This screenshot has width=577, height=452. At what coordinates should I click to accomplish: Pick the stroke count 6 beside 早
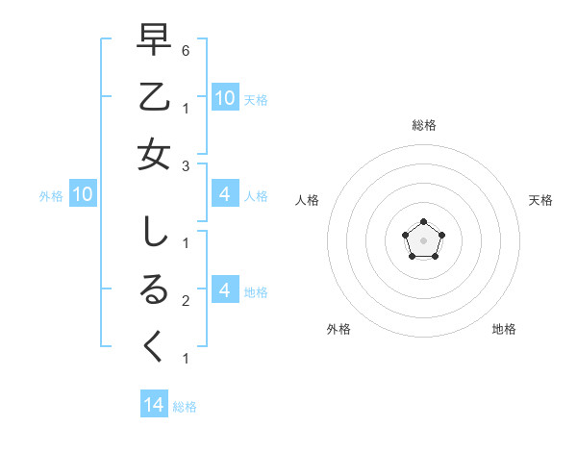(x=185, y=50)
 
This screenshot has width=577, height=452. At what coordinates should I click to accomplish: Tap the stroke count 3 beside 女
(x=185, y=165)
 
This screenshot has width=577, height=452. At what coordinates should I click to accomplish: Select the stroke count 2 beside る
(x=185, y=301)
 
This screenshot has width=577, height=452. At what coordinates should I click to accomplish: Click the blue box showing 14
(x=154, y=405)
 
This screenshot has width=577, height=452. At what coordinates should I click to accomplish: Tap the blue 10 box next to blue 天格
(x=224, y=98)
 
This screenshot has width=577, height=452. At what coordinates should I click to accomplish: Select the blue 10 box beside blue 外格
(x=83, y=195)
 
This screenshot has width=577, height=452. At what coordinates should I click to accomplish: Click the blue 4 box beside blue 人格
(x=224, y=195)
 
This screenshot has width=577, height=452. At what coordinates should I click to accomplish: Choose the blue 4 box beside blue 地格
(x=224, y=290)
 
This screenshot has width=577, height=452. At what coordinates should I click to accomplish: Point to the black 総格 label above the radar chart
(x=424, y=125)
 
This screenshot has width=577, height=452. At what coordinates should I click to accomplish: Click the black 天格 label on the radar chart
(x=540, y=200)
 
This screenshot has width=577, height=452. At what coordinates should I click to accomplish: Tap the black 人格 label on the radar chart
(x=308, y=200)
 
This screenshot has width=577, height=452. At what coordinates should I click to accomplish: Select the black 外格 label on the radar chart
(x=339, y=329)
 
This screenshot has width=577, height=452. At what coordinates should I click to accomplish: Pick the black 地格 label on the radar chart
(x=504, y=329)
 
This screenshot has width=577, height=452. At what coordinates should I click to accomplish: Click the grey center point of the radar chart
(x=423, y=239)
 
